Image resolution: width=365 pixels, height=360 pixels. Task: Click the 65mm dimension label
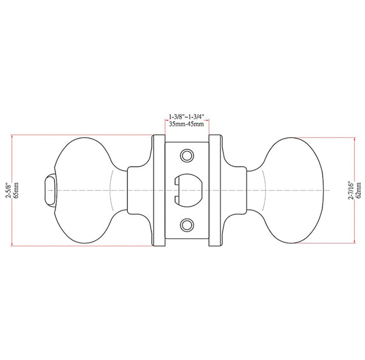click(16, 190)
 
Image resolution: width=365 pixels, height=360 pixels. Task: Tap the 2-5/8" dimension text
click(9, 190)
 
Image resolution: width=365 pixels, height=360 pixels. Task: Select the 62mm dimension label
click(359, 190)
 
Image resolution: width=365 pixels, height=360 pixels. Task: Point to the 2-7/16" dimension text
click(351, 190)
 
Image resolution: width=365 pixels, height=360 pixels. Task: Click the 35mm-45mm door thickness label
click(187, 124)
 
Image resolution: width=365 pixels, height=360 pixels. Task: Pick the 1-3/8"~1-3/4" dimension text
click(187, 116)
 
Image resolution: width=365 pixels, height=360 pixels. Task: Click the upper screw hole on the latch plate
click(187, 156)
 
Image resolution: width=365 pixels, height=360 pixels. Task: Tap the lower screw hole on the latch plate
click(187, 225)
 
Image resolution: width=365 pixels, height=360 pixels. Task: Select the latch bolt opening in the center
click(188, 190)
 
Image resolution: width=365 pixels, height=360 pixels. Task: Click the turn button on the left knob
click(49, 190)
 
